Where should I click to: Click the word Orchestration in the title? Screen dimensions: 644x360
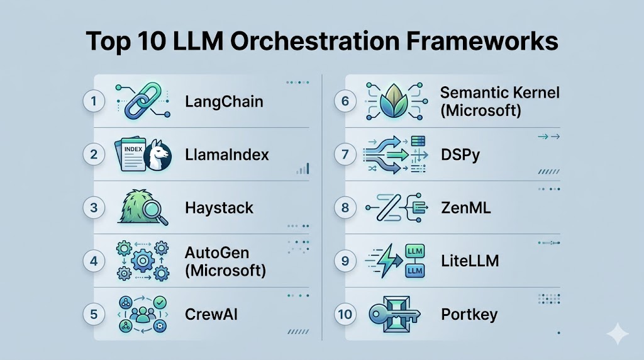coord(314,41)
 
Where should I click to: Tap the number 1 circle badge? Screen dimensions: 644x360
coord(94,101)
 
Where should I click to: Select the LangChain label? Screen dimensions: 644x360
coord(224,102)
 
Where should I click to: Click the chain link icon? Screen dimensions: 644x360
coord(142,101)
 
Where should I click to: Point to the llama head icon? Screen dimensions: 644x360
coord(158,155)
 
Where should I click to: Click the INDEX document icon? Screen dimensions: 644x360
coord(131,154)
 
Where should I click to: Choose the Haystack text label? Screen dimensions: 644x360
coord(219,208)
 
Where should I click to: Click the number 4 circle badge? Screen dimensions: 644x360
coord(94,261)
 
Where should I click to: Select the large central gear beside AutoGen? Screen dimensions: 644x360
coord(143,261)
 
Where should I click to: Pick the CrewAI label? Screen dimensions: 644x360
coord(211,315)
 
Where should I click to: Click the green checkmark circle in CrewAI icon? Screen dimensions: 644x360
coord(160,303)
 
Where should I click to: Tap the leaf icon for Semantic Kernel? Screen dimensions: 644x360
coord(394,101)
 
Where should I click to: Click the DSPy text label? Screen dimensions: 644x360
coord(460,155)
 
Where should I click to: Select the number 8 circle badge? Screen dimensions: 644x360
coord(345,208)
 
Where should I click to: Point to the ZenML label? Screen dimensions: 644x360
coord(466,208)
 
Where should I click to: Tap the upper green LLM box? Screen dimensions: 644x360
coord(415,251)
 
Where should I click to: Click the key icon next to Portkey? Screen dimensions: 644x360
coord(394,315)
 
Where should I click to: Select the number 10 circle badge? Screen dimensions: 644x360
coord(345,315)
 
